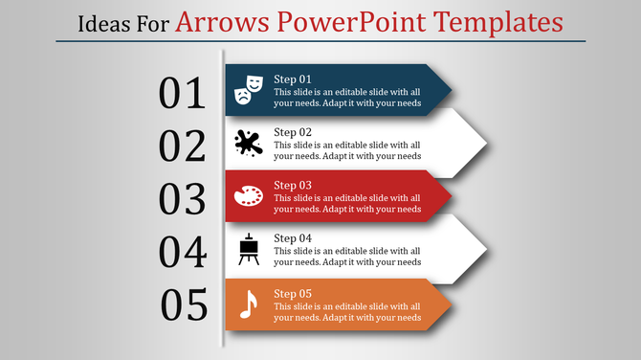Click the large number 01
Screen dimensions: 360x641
coord(183,93)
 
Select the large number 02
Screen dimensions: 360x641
coord(183,146)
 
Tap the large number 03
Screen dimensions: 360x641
coord(183,199)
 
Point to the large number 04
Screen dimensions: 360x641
coord(183,252)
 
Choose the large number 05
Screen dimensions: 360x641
coord(185,304)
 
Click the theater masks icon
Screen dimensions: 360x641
coord(249,88)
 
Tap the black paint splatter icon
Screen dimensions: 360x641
coord(248,144)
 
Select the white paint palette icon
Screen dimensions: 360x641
coord(248,196)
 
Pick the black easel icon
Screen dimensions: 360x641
coord(248,249)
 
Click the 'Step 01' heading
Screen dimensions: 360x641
coord(293,79)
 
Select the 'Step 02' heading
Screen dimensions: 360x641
coord(293,132)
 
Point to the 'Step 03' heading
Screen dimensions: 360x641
coord(293,185)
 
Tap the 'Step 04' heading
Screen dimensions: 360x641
coord(293,238)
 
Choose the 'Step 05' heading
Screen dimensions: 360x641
coord(293,292)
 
